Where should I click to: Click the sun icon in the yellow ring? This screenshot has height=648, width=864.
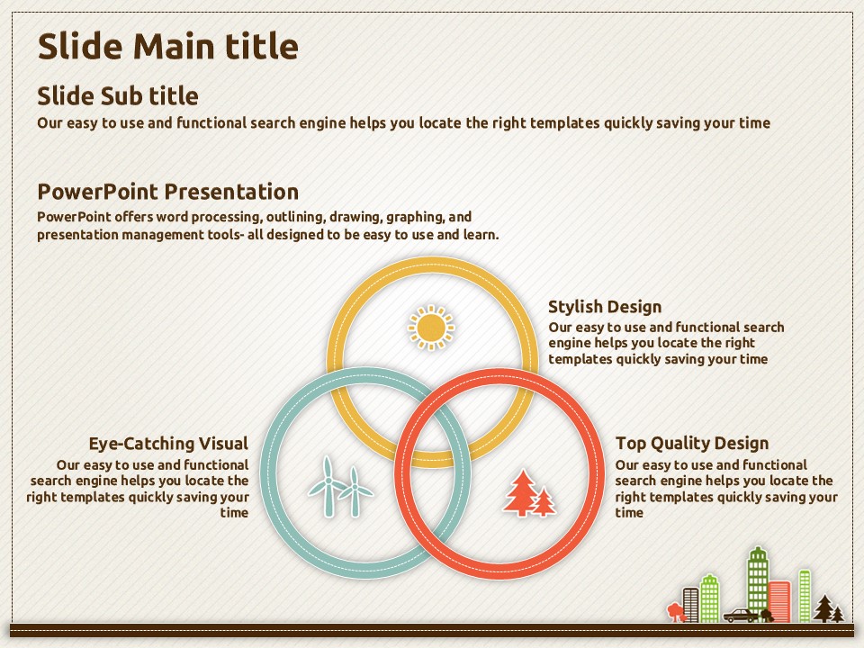click(x=431, y=328)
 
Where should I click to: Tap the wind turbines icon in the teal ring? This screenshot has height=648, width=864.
click(x=340, y=487)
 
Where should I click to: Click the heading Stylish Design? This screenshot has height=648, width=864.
click(x=605, y=307)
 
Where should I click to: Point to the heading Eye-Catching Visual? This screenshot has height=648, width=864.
click(x=168, y=444)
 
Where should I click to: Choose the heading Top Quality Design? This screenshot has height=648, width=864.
click(x=692, y=444)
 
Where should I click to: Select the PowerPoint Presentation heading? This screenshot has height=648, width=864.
click(x=168, y=192)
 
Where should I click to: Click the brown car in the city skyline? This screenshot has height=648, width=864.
click(x=741, y=615)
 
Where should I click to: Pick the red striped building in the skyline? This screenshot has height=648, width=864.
click(x=779, y=602)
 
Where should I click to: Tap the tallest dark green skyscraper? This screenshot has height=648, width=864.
click(x=758, y=583)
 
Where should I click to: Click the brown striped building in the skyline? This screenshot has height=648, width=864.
click(x=690, y=605)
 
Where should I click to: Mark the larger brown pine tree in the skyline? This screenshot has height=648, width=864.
click(x=824, y=608)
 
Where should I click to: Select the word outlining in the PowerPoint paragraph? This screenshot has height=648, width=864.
click(x=295, y=217)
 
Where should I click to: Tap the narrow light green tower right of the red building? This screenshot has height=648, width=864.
click(x=805, y=596)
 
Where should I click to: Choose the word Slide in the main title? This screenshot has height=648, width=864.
click(x=80, y=46)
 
